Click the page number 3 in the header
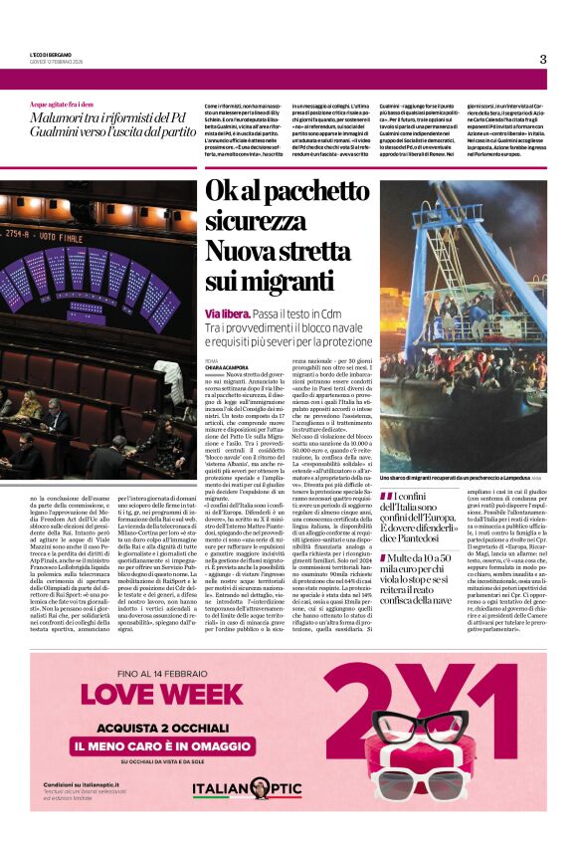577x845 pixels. coord(542,59)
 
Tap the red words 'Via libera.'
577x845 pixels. coord(228,314)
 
